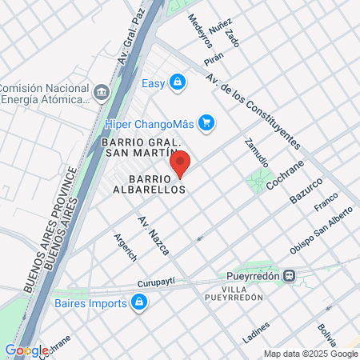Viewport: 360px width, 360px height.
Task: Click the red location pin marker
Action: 181,162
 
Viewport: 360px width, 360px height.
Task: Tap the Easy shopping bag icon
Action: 178,82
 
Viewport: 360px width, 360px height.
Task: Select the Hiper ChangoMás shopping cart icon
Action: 206,122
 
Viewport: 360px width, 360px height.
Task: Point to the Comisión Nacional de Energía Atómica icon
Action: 101,93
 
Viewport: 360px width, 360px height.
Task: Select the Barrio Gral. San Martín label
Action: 139,148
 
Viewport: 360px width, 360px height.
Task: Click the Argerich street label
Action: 104,247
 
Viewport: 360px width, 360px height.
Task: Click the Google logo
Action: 26,350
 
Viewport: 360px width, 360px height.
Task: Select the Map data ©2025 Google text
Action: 311,354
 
